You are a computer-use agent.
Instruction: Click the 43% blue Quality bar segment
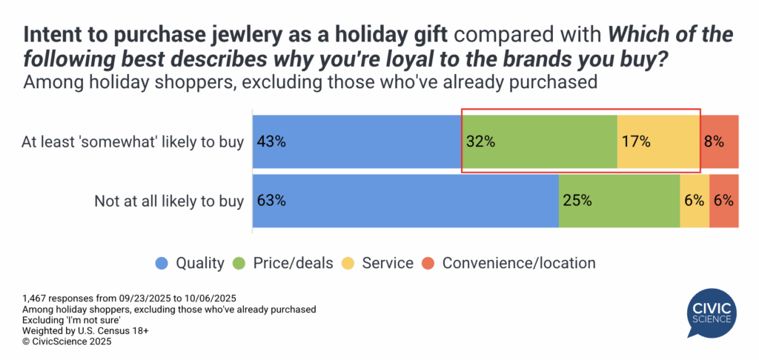[x=357, y=141]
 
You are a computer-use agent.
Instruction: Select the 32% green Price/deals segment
[x=540, y=141]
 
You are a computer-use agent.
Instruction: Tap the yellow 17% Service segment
[x=658, y=141]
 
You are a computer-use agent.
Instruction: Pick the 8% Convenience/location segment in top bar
[x=720, y=141]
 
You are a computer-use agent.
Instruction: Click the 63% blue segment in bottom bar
[x=405, y=200]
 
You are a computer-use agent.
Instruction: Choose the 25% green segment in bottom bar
[x=619, y=200]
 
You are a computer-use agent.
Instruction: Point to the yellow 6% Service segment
[x=695, y=200]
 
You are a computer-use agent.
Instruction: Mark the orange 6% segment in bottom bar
[x=724, y=200]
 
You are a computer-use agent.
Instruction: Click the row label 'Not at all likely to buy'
[x=169, y=201]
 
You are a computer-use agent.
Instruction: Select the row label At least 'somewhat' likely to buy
[x=133, y=142]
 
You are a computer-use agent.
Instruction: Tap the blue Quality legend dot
[x=161, y=263]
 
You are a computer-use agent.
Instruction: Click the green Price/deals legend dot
[x=240, y=263]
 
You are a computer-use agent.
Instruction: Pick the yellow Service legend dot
[x=348, y=263]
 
